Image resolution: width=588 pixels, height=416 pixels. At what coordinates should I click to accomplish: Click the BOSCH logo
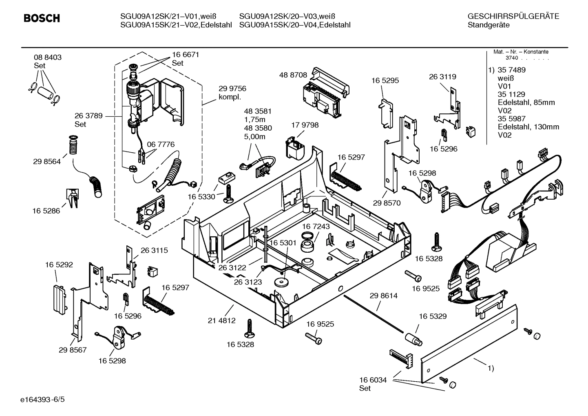[42, 18]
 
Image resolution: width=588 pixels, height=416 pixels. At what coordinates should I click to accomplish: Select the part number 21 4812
[221, 320]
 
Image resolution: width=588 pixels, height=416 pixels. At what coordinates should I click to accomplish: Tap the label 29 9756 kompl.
[232, 93]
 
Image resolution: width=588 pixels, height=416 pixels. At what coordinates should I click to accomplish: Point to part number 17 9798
[305, 125]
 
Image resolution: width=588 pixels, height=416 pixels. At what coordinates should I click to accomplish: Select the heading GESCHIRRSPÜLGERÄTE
[513, 16]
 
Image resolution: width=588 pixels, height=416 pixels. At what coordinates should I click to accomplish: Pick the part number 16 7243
[316, 226]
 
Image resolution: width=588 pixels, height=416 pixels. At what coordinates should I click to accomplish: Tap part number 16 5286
[46, 211]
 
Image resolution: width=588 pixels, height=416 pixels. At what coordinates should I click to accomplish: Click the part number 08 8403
[48, 58]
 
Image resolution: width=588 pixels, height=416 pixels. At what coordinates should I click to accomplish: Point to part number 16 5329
[433, 316]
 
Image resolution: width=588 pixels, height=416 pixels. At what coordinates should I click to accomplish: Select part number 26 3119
[442, 77]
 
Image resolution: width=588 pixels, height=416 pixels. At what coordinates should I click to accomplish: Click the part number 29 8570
[387, 202]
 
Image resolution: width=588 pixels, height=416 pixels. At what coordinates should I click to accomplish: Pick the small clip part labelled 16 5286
[72, 198]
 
